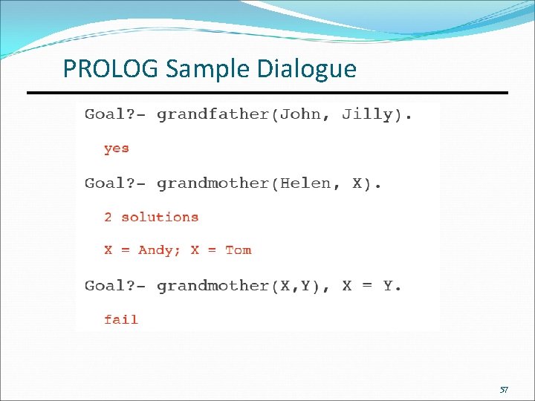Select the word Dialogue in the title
click(x=307, y=69)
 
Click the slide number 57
click(x=504, y=389)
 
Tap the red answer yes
click(x=117, y=149)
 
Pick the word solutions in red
click(x=160, y=218)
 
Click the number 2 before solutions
click(x=108, y=218)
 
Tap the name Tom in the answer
click(x=238, y=250)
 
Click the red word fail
click(x=121, y=320)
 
